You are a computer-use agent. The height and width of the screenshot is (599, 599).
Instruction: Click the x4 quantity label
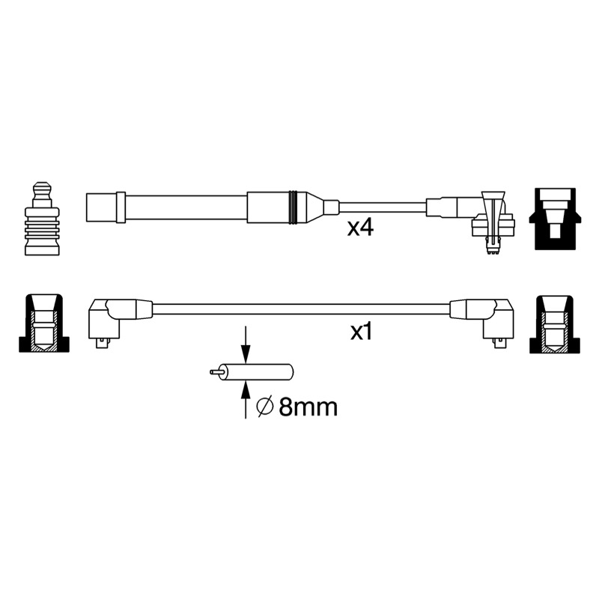click(360, 228)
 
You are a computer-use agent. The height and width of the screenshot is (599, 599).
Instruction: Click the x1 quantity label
click(361, 332)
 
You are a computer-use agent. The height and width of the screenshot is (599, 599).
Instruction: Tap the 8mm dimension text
click(308, 407)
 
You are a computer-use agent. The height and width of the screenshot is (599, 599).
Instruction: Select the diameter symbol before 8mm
click(265, 407)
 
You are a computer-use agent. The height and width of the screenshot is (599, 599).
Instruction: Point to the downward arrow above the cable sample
click(246, 344)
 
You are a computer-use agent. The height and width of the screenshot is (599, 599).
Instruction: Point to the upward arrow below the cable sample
click(246, 400)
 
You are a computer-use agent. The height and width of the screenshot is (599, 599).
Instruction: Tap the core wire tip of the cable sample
click(214, 371)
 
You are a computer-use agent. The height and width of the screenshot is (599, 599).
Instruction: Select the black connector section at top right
click(555, 219)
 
